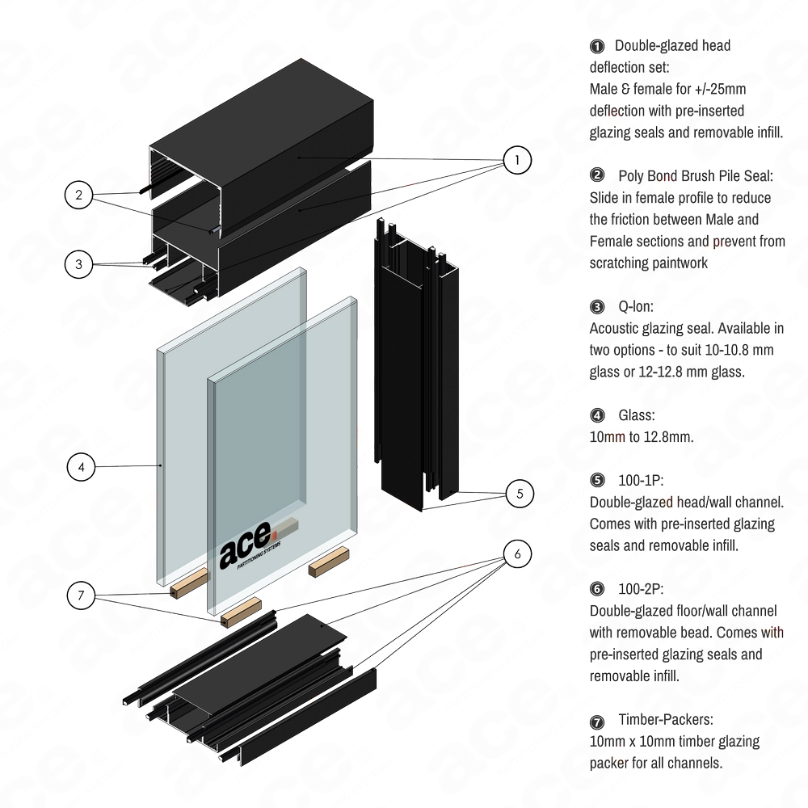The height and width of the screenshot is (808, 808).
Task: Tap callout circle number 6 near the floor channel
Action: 518,553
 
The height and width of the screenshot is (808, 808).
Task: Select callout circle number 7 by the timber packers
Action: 80,595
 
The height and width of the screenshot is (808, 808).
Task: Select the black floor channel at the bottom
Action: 267,687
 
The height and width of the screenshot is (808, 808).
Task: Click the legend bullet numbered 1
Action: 597,45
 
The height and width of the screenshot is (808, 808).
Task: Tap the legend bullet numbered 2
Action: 597,175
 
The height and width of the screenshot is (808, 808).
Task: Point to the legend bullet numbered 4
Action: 597,415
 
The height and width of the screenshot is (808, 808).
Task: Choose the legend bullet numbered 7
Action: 597,720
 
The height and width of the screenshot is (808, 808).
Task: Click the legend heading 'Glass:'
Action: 637,415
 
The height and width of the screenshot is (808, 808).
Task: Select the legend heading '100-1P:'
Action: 642,481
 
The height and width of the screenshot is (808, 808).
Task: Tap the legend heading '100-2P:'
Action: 642,589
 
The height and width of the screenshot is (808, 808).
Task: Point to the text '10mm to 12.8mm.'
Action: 642,437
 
